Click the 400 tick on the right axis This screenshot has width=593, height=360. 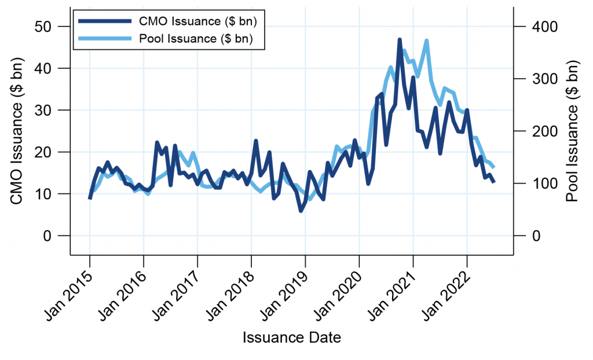click(539, 27)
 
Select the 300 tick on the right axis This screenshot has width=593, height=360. click(539, 79)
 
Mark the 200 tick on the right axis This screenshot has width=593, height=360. click(539, 131)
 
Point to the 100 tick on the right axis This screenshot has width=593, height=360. click(539, 183)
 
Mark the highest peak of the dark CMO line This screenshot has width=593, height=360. click(400, 39)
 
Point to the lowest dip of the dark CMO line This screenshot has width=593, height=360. click(301, 211)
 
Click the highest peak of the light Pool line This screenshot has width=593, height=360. click(427, 41)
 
